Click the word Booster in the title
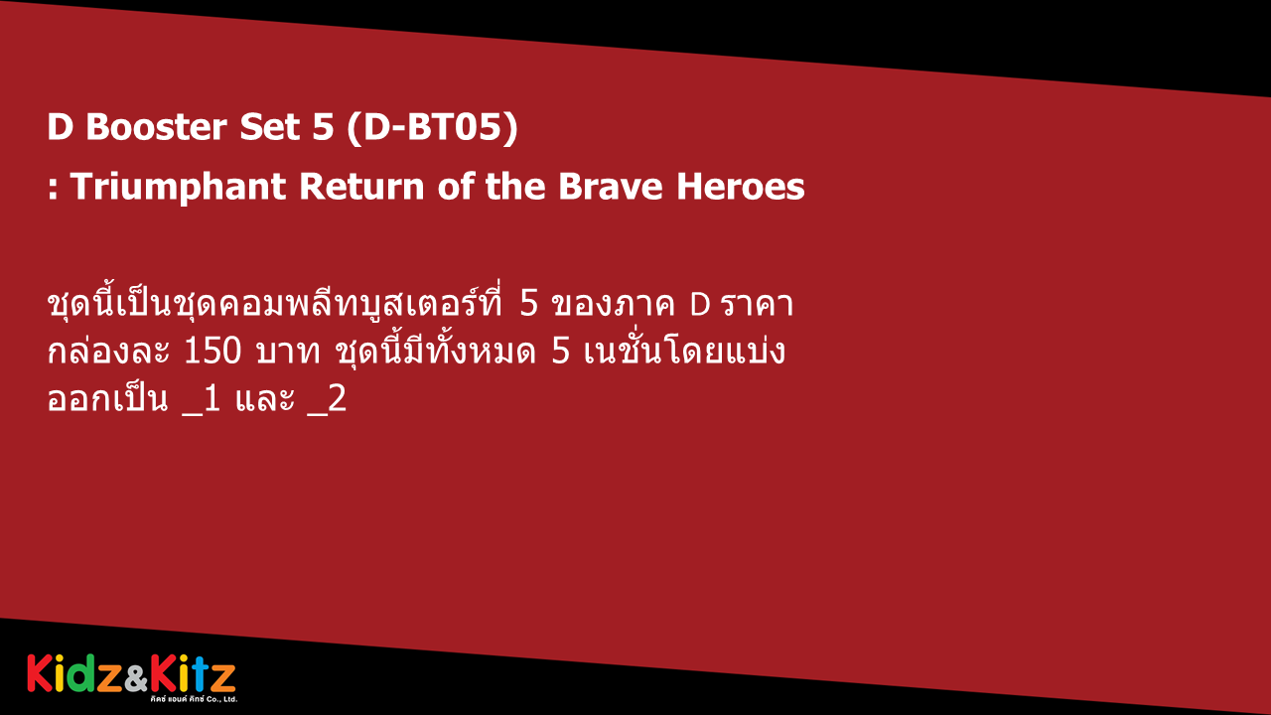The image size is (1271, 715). [156, 126]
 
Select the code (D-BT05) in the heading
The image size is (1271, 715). [432, 127]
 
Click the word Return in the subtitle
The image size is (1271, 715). [361, 186]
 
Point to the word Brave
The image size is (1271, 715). [611, 186]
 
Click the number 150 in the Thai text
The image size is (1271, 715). [212, 352]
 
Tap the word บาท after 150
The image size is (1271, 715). [288, 352]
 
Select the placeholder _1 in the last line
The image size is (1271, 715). [202, 399]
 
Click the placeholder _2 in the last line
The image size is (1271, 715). [327, 399]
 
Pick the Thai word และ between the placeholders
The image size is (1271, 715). [264, 399]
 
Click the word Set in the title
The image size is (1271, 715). [269, 126]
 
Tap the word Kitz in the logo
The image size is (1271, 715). [193, 673]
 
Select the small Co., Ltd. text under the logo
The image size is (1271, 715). [223, 699]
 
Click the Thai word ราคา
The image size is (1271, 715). [758, 305]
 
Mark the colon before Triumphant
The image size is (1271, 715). [53, 189]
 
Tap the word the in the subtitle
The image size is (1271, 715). [515, 186]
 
